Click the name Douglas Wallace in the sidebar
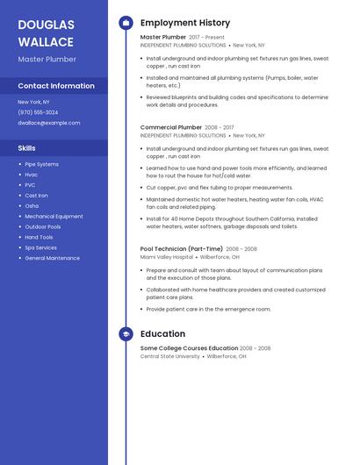pos(46,33)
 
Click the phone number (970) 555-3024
pos(38,112)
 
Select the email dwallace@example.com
pos(48,123)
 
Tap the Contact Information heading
pos(56,86)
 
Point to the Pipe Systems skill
pos(41,164)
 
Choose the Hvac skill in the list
pos(31,175)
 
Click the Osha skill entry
pos(32,206)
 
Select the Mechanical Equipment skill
pos(54,216)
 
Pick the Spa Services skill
pos(40,247)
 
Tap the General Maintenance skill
pos(52,258)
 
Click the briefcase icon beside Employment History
pos(126,23)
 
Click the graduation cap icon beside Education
pos(126,334)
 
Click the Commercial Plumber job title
pos(170,127)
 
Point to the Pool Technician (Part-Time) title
pos(181,248)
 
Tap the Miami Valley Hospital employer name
pos(166,257)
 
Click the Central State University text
pos(169,356)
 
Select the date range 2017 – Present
pos(207,38)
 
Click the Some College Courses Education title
pos(189,348)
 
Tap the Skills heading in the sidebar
pos(26,148)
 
